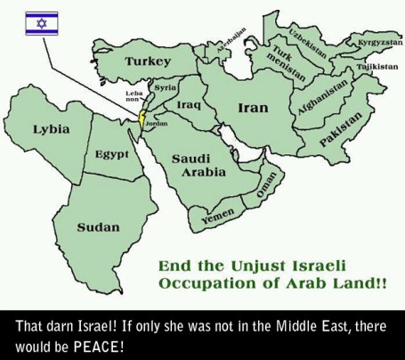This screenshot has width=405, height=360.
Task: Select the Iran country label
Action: [x=252, y=108]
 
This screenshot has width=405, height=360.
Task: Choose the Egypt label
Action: [x=113, y=154]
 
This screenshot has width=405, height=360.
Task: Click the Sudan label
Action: [x=97, y=227]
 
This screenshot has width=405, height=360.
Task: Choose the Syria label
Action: [x=165, y=87]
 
